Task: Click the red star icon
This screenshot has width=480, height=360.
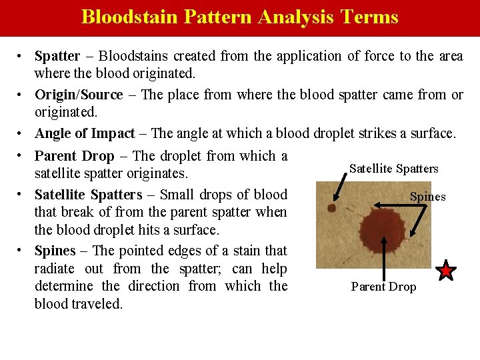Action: point(446,271)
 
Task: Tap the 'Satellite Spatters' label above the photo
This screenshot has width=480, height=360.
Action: point(394,169)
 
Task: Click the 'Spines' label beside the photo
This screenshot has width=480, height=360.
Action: point(427,197)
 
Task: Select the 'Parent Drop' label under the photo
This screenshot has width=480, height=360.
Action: point(383,287)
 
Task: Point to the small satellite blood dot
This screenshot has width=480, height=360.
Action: point(331,209)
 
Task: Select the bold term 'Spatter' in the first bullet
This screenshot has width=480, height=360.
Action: point(57,56)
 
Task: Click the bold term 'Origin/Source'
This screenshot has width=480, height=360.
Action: point(79,95)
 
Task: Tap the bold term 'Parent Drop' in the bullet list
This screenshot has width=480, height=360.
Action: point(74,156)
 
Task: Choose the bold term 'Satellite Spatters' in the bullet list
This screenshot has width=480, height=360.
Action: point(88,195)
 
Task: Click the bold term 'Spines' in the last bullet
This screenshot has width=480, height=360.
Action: point(55,251)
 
